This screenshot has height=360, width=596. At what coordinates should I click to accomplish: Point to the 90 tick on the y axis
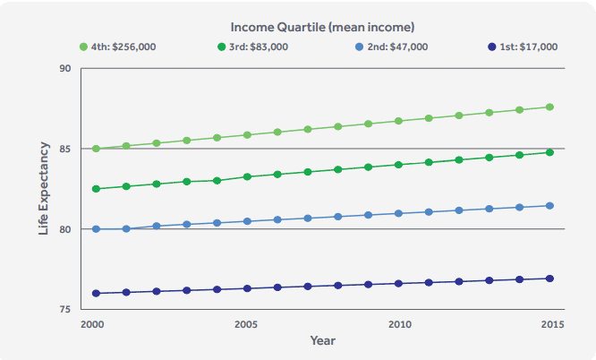(64, 68)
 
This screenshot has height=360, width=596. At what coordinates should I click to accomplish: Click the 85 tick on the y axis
(64, 149)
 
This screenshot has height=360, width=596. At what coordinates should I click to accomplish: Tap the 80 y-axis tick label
(64, 229)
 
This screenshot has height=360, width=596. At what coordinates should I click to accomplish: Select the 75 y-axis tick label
(64, 310)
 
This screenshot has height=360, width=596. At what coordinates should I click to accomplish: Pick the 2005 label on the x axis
(247, 324)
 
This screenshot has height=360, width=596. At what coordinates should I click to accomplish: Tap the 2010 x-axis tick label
(399, 324)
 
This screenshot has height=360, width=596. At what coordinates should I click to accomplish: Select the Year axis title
(322, 341)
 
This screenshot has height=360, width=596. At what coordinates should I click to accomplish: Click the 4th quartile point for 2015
(549, 107)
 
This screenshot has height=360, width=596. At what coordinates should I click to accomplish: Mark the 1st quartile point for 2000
(96, 293)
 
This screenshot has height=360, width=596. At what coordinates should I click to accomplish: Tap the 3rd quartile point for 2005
(247, 176)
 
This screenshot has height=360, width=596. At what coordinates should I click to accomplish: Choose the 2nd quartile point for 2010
(398, 213)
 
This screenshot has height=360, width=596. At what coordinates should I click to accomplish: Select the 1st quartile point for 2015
(549, 279)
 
